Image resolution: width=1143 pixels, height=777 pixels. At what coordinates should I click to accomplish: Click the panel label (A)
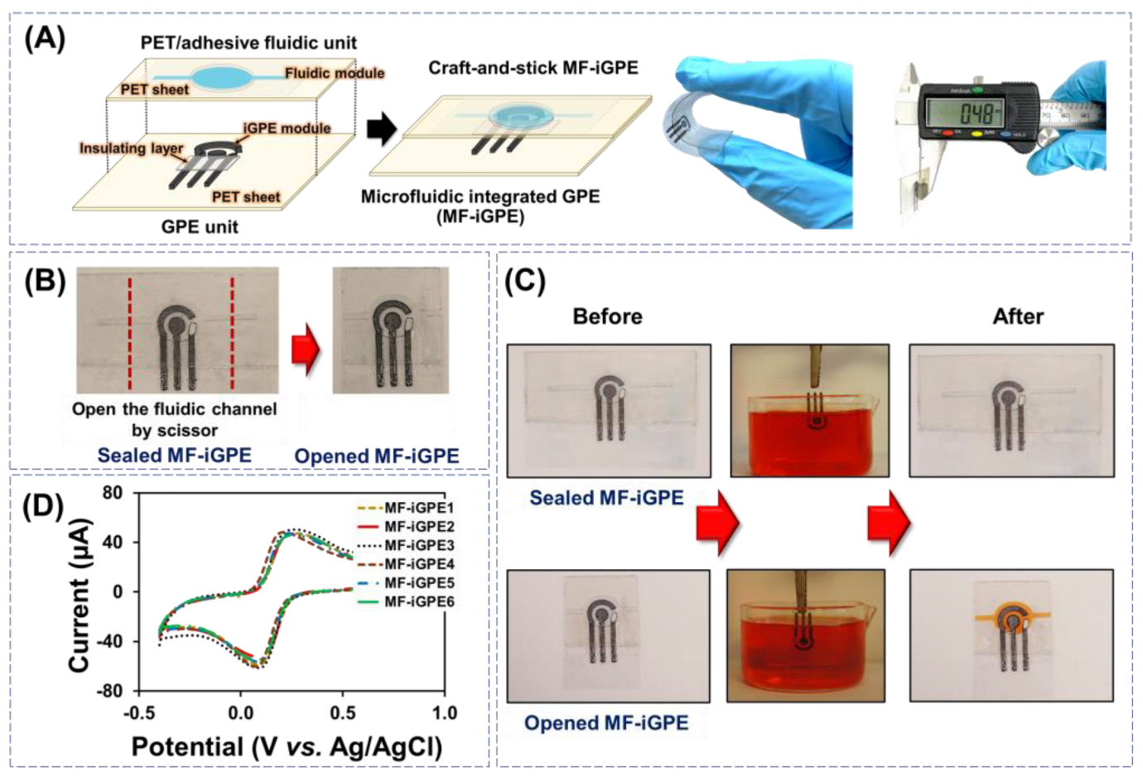pyautogui.click(x=45, y=38)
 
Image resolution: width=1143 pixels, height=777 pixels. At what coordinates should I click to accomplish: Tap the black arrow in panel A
pyautogui.click(x=381, y=128)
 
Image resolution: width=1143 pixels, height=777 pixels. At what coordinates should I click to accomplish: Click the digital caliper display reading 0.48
pyautogui.click(x=964, y=112)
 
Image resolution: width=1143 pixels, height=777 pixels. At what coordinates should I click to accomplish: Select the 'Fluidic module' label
pyautogui.click(x=334, y=73)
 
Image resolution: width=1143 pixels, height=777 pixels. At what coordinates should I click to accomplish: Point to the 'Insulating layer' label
pyautogui.click(x=131, y=148)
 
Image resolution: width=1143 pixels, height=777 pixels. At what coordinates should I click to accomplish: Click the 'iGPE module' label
pyautogui.click(x=287, y=128)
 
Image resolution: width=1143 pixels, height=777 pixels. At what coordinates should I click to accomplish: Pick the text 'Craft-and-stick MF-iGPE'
pyautogui.click(x=533, y=68)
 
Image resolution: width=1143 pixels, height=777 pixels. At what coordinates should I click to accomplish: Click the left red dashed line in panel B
pyautogui.click(x=130, y=333)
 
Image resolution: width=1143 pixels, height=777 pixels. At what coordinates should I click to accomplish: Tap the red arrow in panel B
pyautogui.click(x=306, y=349)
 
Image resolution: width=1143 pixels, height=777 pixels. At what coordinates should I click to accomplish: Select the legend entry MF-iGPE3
pyautogui.click(x=418, y=545)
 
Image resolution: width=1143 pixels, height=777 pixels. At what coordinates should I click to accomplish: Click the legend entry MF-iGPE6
pyautogui.click(x=418, y=601)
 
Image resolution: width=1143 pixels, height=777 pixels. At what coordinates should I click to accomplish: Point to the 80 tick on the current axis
pyautogui.click(x=113, y=493)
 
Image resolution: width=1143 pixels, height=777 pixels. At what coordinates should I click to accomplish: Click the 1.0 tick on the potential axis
pyautogui.click(x=444, y=712)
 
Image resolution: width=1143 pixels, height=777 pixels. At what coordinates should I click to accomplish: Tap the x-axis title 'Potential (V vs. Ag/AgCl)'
pyautogui.click(x=287, y=747)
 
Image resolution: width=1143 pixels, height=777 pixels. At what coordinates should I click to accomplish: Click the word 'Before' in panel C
pyautogui.click(x=607, y=316)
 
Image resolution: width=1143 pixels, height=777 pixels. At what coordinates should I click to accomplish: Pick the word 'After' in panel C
pyautogui.click(x=1018, y=316)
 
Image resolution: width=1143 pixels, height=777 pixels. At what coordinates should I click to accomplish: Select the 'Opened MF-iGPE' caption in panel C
pyautogui.click(x=606, y=723)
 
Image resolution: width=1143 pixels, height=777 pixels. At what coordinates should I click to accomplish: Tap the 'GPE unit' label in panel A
pyautogui.click(x=200, y=226)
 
